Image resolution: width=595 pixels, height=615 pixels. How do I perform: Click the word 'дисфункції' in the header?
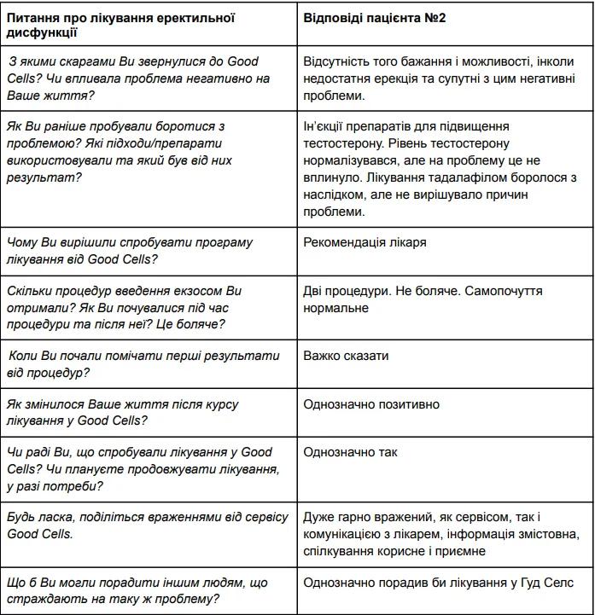(42, 33)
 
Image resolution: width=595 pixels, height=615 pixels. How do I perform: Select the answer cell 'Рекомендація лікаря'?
(365, 242)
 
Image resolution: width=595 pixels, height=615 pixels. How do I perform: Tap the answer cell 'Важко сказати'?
(346, 355)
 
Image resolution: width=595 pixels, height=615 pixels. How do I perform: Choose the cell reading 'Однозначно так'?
(350, 452)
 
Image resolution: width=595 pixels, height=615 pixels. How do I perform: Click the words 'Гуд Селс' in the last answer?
(547, 583)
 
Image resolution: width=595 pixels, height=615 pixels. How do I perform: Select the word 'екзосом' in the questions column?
(192, 291)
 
